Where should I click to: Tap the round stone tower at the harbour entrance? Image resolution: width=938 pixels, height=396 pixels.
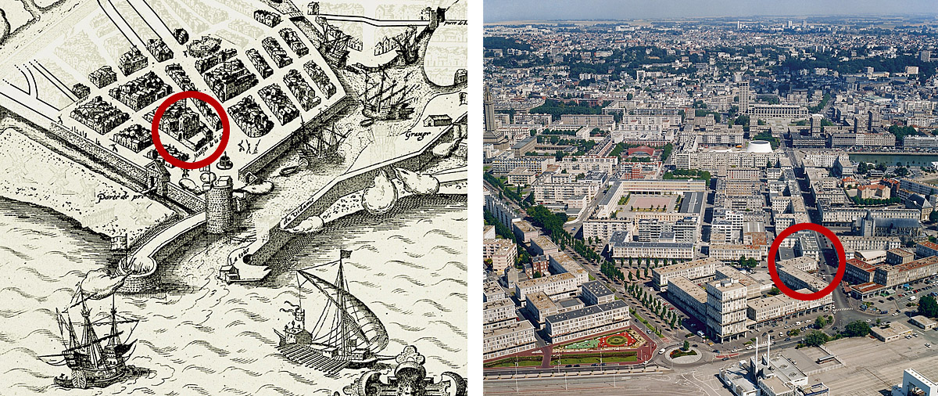[220, 205]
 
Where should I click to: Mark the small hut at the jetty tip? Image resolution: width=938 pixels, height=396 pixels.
[231, 273]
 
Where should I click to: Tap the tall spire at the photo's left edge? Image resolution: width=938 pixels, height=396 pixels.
[489, 110]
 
